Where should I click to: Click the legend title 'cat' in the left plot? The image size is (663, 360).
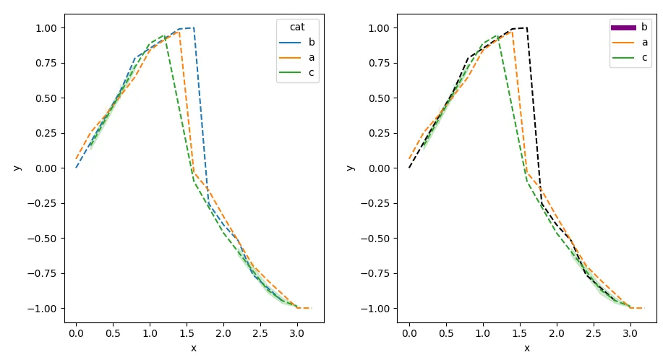(297, 27)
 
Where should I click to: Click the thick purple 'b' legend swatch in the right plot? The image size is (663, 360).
(623, 27)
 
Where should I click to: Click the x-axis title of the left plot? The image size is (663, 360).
(194, 348)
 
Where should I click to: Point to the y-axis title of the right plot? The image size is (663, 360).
(350, 168)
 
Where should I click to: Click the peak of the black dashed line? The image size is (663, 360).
(526, 27)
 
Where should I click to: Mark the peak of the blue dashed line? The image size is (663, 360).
(193, 27)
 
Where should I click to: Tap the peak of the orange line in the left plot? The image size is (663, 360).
(179, 31)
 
